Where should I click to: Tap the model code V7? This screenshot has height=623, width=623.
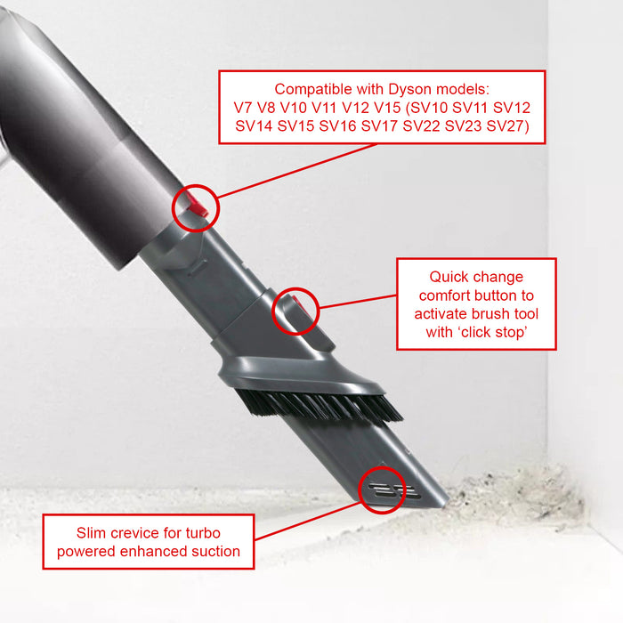click(x=242, y=108)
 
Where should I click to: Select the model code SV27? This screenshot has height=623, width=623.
click(x=506, y=126)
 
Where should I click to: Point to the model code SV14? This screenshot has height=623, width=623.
click(x=254, y=126)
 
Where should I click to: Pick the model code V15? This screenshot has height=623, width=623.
click(x=379, y=108)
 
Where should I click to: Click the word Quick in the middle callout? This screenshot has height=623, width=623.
click(x=449, y=277)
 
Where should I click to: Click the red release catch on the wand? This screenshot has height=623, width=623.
click(x=199, y=207)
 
